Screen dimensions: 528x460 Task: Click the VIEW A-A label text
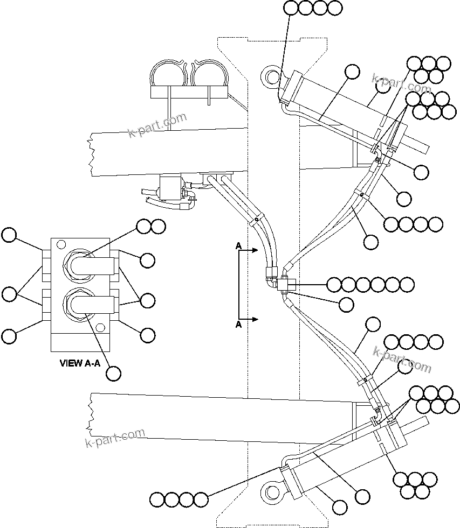click(x=80, y=363)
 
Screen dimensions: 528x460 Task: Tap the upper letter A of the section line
click(x=238, y=246)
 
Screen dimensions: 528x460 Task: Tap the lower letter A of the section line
click(x=238, y=325)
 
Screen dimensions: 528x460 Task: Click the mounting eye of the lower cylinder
click(x=271, y=491)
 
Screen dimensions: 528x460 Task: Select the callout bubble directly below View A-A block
click(x=113, y=373)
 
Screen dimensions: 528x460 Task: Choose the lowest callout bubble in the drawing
click(x=339, y=506)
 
